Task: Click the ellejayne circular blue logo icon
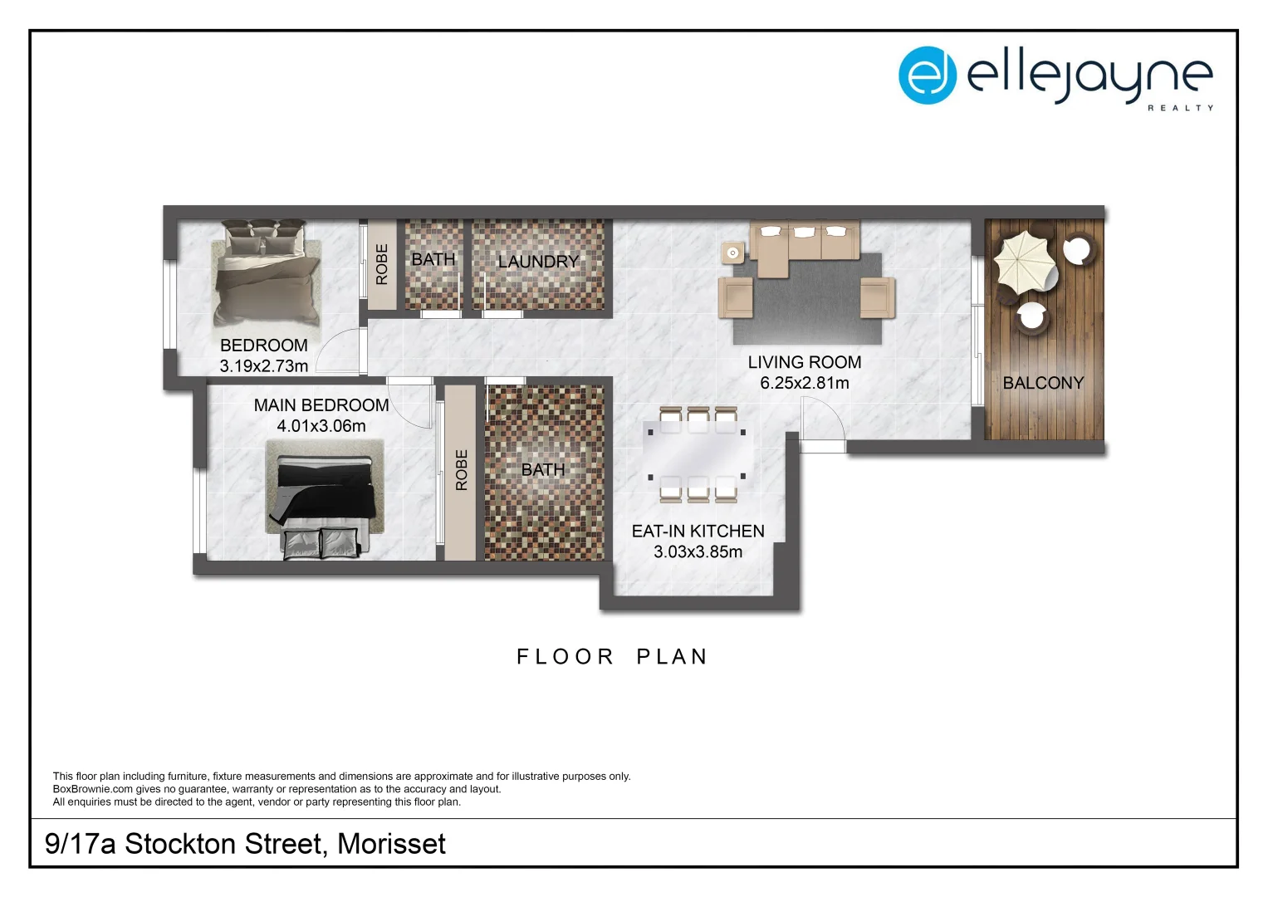click(927, 76)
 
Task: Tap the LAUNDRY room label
click(538, 262)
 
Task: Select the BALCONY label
click(1043, 383)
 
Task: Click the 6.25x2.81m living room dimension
click(804, 383)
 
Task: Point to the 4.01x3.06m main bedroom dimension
click(321, 426)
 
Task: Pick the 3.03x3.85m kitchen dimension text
click(698, 551)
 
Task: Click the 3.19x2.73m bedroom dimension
click(263, 366)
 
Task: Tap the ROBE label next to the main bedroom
click(462, 470)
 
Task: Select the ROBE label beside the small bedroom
click(382, 264)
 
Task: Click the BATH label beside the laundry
click(433, 260)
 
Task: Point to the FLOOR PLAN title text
click(612, 657)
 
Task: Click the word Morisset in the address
click(391, 844)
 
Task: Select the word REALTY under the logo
click(1180, 108)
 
